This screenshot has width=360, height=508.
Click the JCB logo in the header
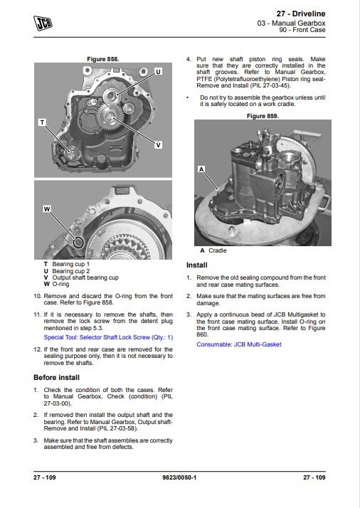pyautogui.click(x=43, y=23)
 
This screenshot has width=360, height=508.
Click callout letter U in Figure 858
pyautogui.click(x=158, y=72)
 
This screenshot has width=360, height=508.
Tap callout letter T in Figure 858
pyautogui.click(x=42, y=122)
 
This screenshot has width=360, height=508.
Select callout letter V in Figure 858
pyautogui.click(x=158, y=145)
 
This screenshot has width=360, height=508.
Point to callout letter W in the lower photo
pyautogui.click(x=47, y=209)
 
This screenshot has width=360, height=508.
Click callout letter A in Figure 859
pyautogui.click(x=201, y=169)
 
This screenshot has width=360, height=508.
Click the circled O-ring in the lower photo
pyautogui.click(x=78, y=243)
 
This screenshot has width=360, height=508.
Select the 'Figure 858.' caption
pyautogui.click(x=103, y=59)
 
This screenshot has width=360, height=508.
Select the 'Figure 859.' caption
pyautogui.click(x=263, y=116)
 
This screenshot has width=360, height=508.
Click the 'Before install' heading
pyautogui.click(x=56, y=377)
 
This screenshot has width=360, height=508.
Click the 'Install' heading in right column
pyautogui.click(x=196, y=265)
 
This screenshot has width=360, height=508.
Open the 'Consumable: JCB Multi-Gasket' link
pyautogui.click(x=239, y=344)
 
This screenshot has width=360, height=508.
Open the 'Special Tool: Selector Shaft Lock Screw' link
pyautogui.click(x=108, y=337)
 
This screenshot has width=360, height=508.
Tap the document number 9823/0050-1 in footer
pyautogui.click(x=179, y=477)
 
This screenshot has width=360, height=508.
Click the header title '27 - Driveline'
pyautogui.click(x=301, y=14)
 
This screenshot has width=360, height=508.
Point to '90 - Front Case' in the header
pyautogui.click(x=302, y=30)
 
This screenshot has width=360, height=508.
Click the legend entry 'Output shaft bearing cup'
pyautogui.click(x=85, y=277)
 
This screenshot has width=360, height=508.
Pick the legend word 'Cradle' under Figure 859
pyautogui.click(x=218, y=250)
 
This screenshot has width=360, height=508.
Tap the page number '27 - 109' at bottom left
pyautogui.click(x=44, y=477)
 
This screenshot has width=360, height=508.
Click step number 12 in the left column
pyautogui.click(x=38, y=349)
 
